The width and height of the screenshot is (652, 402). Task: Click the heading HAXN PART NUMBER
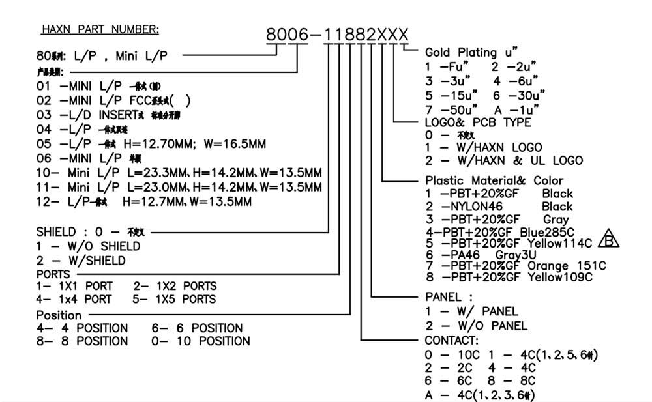(100, 29)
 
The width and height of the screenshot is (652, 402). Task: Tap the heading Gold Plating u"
(471, 52)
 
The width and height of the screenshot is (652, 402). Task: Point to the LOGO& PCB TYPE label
(478, 122)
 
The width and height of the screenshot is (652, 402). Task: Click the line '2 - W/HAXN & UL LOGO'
(504, 160)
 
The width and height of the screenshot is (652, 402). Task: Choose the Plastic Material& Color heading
(494, 180)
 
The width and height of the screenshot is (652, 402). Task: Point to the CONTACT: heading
(451, 341)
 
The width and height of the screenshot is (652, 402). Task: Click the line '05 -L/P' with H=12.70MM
(151, 143)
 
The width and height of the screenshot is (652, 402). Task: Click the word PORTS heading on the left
(53, 274)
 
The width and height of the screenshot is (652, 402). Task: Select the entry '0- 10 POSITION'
(201, 341)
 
